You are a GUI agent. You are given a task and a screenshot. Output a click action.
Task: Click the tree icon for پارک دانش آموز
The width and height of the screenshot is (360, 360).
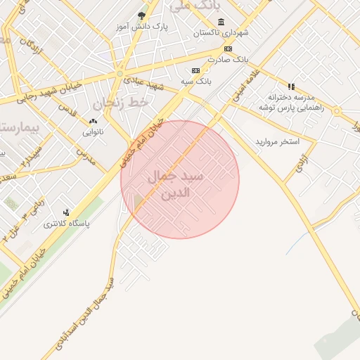point(143,15)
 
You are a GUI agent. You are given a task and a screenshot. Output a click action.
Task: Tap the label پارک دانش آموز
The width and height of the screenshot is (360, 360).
point(143,27)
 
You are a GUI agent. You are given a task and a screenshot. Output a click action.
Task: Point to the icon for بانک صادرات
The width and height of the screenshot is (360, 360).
point(228,49)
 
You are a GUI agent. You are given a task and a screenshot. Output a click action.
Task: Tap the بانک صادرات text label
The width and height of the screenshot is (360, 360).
point(229,60)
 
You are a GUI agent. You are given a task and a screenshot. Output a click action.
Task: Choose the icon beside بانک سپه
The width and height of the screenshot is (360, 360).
point(195,70)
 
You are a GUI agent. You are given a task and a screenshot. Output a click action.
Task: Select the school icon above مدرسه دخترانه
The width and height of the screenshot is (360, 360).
point(290,86)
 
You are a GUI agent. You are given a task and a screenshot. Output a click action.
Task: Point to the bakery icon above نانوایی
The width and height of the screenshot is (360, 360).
point(93,121)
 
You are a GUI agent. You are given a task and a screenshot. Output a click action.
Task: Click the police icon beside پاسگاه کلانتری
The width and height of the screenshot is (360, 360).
point(66,212)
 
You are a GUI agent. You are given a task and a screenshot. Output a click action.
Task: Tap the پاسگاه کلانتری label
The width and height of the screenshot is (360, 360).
point(67,224)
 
